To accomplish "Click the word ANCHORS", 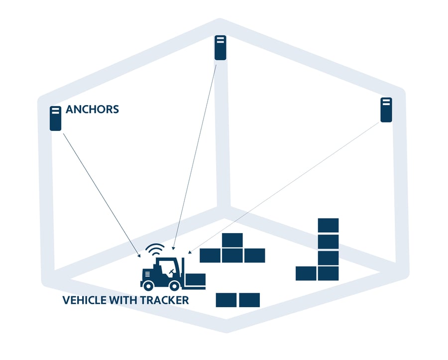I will tap(92, 109).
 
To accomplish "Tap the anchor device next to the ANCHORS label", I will tap(55, 119).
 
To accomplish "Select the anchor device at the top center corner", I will tap(220, 48).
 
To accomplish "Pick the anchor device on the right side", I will tap(386, 110).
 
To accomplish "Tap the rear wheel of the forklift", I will tap(148, 285).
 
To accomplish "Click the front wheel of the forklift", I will tap(175, 285).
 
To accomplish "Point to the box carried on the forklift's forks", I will tap(196, 280).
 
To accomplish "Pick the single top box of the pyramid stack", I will tap(232, 240).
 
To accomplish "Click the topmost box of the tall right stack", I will tap(328, 225).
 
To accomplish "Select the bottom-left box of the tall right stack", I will tap(306, 273).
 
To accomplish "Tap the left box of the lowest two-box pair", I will tap(226, 300).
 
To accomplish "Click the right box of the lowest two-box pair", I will tap(249, 300).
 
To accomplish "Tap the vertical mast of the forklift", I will tap(183, 271).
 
